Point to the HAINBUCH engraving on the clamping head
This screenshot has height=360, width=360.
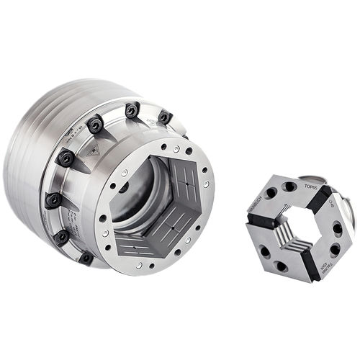(255, 204)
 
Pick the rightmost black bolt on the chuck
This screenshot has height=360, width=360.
(164, 117)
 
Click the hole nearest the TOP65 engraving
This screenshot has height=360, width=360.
(289, 186)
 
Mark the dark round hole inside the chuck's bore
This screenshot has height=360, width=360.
(123, 188)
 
